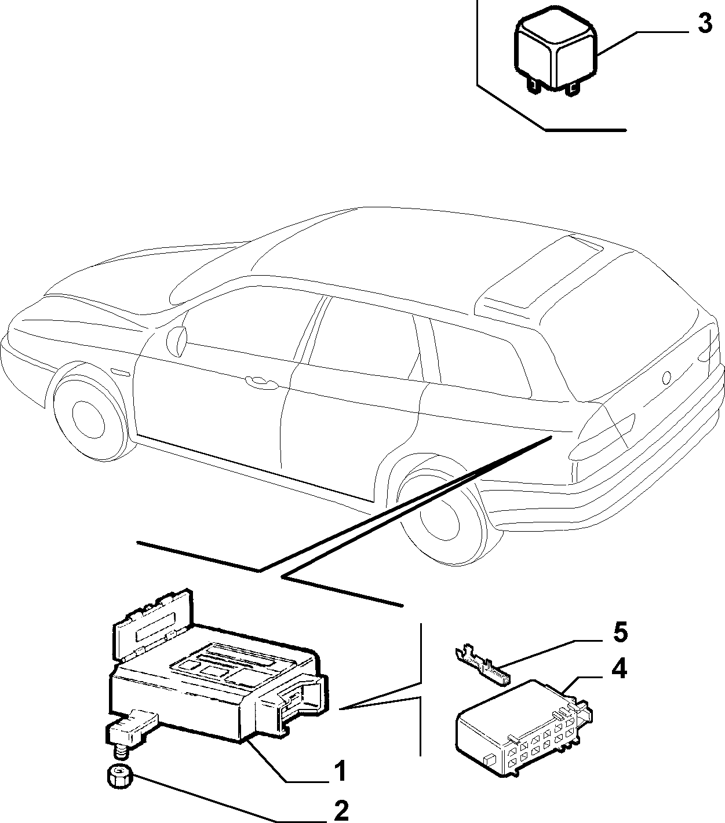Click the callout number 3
(x=705, y=24)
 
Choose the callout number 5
(x=620, y=633)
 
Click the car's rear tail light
(x=602, y=437)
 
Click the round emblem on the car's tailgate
(x=666, y=378)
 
